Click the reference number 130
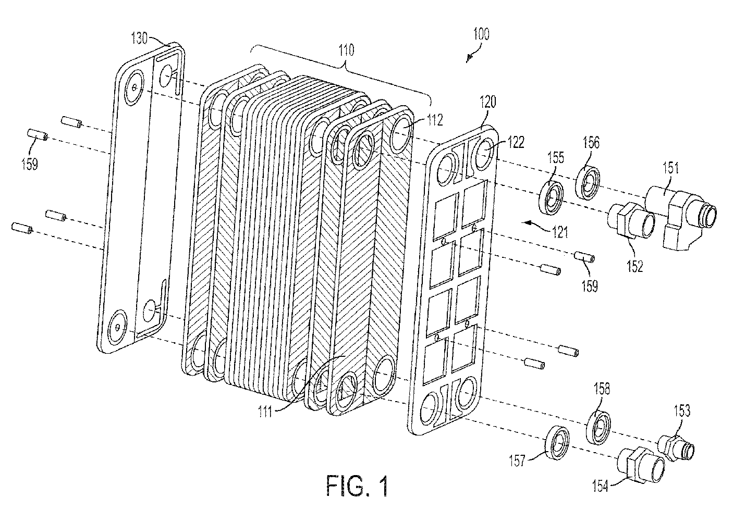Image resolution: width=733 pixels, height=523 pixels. tap(139, 38)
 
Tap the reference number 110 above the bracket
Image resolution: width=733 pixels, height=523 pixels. tap(346, 50)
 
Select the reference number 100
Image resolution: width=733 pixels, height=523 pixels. tap(481, 34)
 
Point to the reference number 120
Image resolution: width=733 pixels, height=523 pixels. tap(487, 102)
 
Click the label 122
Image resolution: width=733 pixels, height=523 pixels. tap(516, 142)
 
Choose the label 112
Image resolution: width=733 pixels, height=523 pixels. tap(435, 120)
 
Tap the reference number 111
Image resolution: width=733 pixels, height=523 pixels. tap(265, 411)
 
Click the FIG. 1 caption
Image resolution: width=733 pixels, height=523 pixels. tap(357, 486)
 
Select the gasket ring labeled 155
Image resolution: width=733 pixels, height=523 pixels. tap(551, 198)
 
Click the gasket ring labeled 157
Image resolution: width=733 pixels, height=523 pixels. tap(557, 443)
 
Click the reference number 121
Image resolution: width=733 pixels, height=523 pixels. tap(559, 232)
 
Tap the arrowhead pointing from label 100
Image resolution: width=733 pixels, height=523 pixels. tap(469, 59)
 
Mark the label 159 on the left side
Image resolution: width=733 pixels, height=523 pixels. tap(30, 164)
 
